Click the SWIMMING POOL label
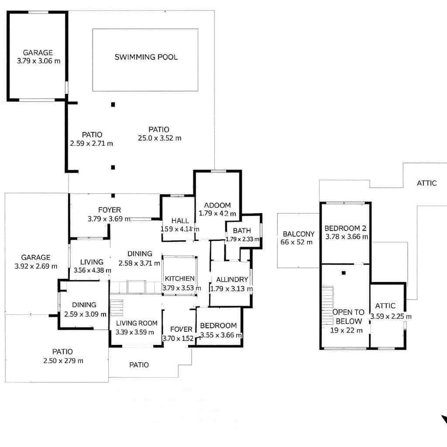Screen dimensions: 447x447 [x=146, y=57]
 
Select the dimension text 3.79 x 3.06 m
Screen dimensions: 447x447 [x=38, y=61]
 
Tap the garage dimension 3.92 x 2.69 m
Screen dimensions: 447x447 [x=36, y=266]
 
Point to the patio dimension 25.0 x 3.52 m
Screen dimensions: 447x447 [x=158, y=138]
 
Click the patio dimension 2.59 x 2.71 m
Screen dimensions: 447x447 [x=91, y=143]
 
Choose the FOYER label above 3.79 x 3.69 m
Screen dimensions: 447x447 [x=110, y=210]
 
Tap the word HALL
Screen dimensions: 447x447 [x=180, y=220]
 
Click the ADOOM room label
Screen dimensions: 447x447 [x=217, y=206]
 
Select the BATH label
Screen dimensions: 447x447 [x=242, y=230]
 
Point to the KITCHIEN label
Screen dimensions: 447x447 [x=179, y=279]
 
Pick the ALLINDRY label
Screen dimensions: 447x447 [x=232, y=279]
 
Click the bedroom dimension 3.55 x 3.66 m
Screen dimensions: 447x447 [x=220, y=335]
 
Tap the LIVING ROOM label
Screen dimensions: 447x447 [x=137, y=323]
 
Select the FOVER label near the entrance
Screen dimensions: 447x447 [x=181, y=329]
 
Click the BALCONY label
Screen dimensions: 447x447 [x=299, y=234]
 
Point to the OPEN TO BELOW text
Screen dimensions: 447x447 [x=348, y=316]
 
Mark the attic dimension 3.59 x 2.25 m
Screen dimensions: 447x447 [x=391, y=316]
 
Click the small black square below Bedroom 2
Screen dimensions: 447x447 [x=344, y=273]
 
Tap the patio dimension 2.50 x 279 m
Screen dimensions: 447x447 [x=63, y=361]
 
